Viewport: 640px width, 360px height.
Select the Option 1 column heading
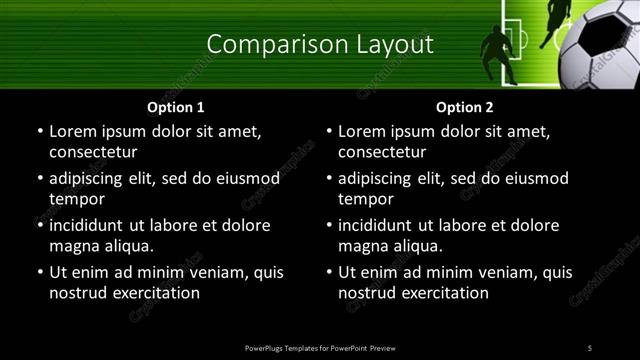[176, 107]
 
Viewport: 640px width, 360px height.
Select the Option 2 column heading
[465, 107]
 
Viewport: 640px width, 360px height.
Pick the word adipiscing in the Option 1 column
[91, 178]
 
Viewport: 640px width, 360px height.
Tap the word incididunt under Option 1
[93, 225]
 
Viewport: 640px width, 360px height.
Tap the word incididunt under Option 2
[382, 225]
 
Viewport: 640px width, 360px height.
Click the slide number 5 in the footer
[590, 347]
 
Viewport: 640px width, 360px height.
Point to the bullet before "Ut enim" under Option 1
[39, 272]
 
